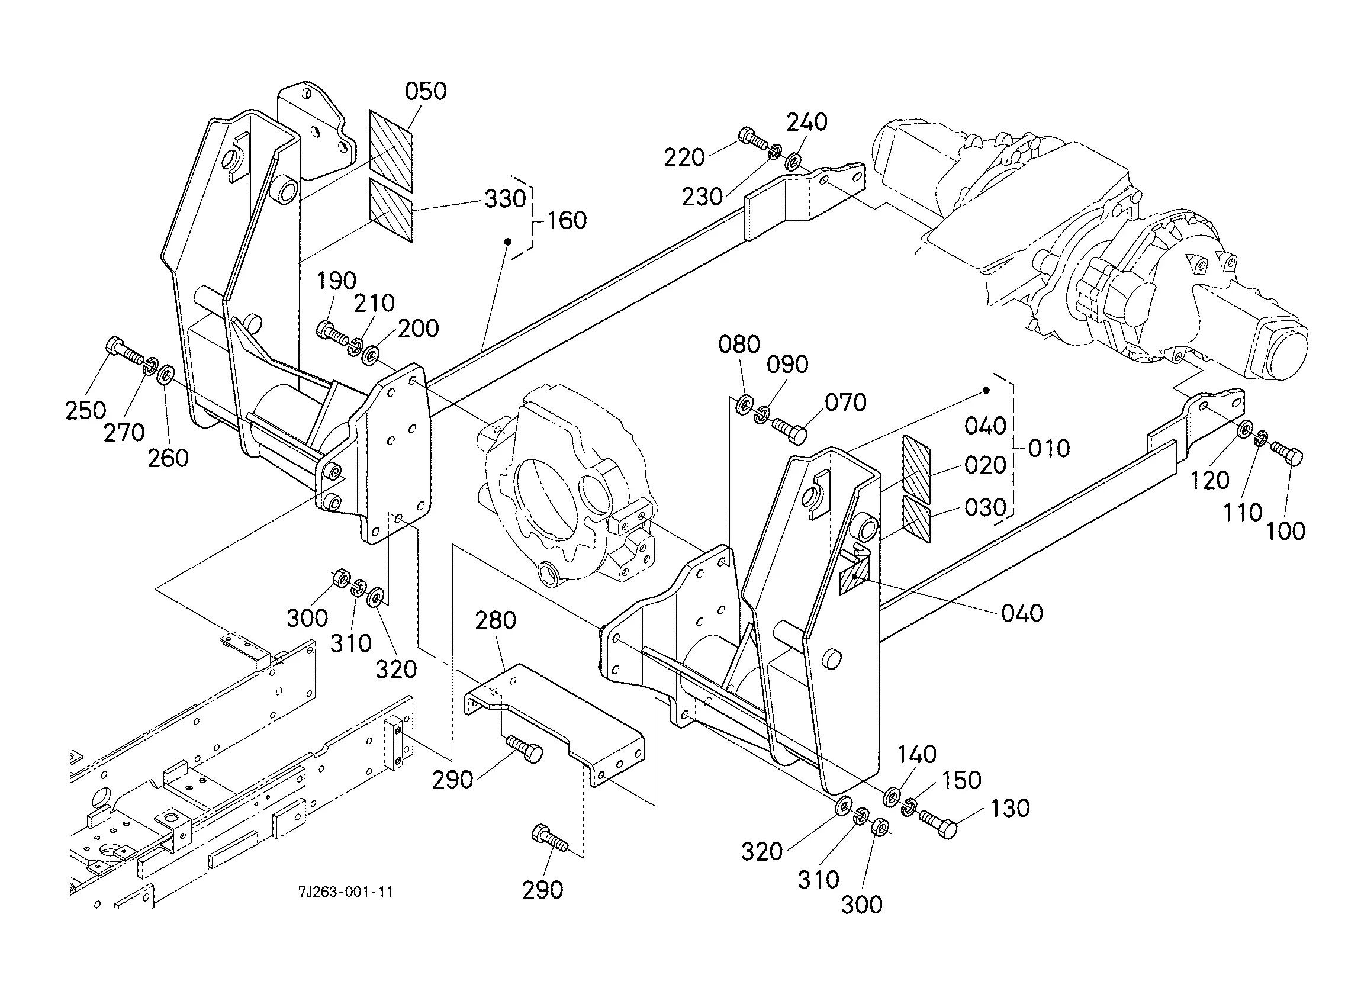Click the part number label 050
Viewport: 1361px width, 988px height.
(426, 91)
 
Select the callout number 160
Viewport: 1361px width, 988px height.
(567, 220)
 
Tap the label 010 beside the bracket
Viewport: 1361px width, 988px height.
(1049, 448)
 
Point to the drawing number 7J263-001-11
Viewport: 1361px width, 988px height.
(346, 892)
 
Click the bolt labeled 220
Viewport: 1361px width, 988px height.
(751, 138)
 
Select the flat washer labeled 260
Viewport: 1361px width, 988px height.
(166, 375)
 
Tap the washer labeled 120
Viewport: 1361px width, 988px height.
(1244, 430)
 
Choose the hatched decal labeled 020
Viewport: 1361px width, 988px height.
(916, 469)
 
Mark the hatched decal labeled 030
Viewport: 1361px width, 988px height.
(916, 519)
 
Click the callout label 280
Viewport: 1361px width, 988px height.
(496, 620)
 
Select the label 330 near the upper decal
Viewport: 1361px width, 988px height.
(506, 199)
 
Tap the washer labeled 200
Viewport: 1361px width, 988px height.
(370, 355)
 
